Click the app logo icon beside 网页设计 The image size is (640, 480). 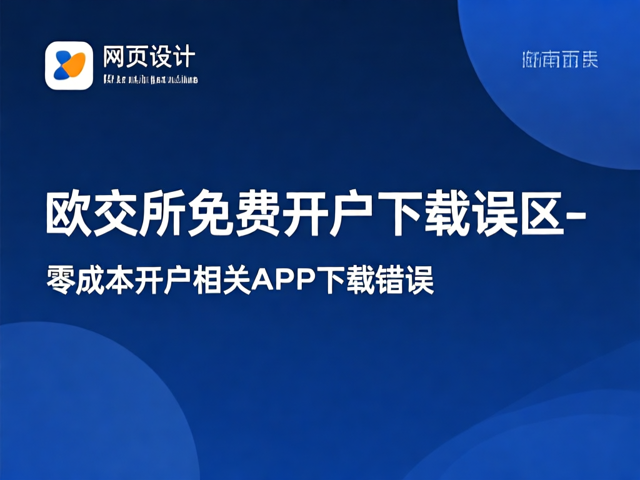(69, 65)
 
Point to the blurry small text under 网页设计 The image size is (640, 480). (150, 79)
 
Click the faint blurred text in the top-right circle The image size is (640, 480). (559, 60)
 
